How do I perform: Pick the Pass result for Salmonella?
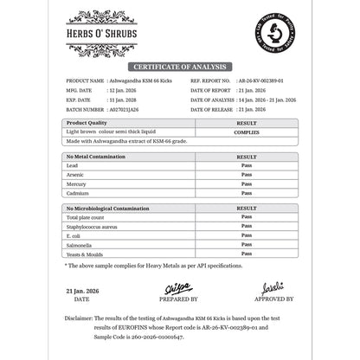pyautogui.click(x=246, y=244)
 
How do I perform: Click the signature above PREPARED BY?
pyautogui.click(x=177, y=287)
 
